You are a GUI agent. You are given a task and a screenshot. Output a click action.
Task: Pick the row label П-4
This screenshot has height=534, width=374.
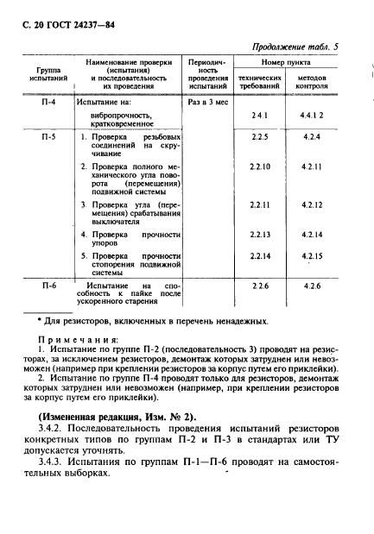point(49,102)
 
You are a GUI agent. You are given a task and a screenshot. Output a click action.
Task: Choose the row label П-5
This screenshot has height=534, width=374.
point(49,138)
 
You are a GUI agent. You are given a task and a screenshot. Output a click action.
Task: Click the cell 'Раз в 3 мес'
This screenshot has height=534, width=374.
point(206,102)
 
